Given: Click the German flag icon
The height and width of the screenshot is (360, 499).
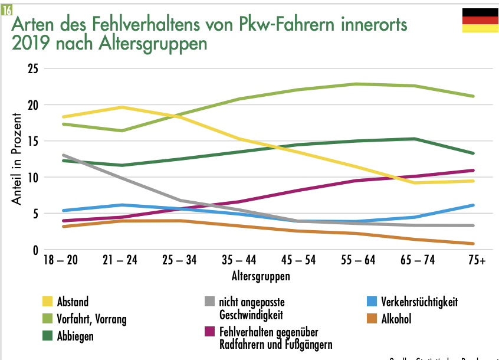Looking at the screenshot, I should coord(480,20).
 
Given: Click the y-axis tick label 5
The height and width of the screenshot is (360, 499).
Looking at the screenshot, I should coord(35,214).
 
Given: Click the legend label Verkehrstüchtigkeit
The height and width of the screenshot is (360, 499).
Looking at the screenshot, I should coord(419,302).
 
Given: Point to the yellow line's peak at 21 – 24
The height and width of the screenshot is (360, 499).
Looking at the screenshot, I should coord(121,107).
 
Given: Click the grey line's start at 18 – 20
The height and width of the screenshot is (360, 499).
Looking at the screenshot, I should coord(63,155).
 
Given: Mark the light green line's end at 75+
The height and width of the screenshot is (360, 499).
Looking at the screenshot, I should coord(474,96).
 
